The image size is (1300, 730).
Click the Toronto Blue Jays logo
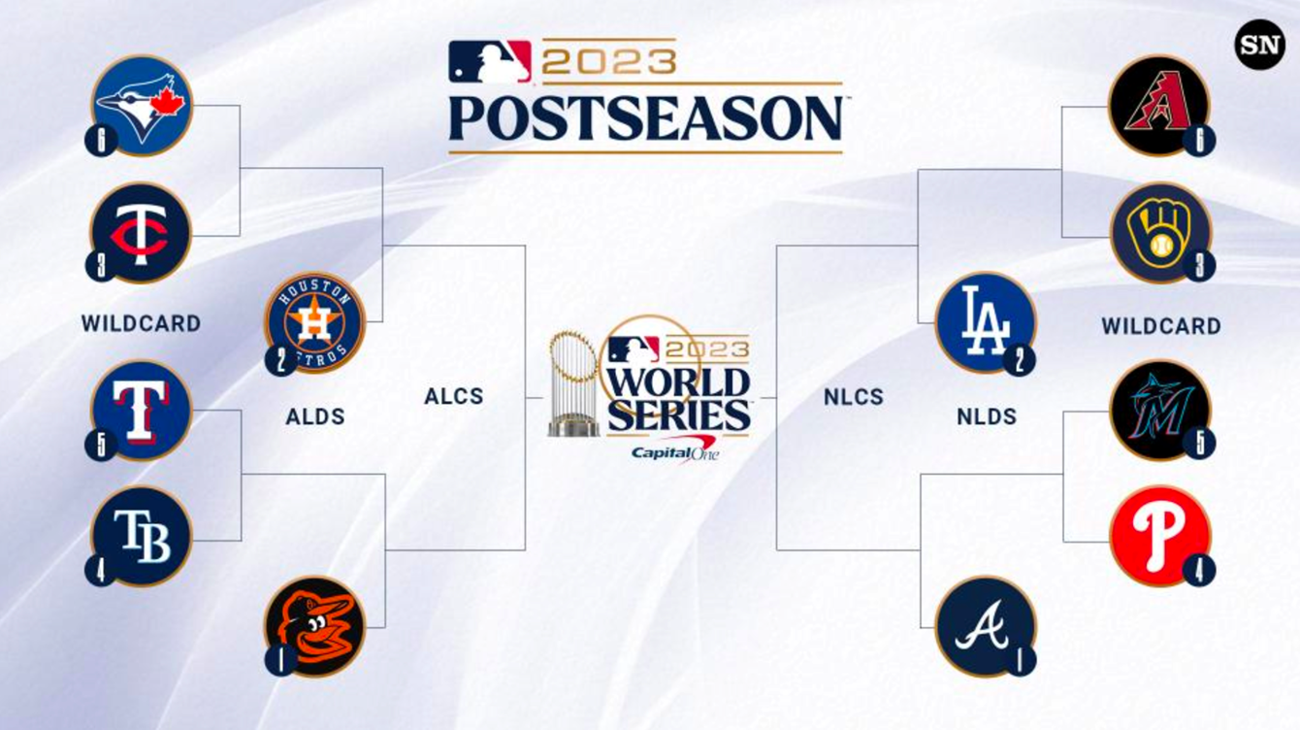pos(142,106)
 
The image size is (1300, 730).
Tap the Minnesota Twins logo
pos(141,233)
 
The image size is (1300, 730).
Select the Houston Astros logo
pos(314,323)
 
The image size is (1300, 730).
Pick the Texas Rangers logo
pos(142,410)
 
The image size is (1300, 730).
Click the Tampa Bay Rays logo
pos(142,536)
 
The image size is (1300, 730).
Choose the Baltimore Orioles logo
pos(315,627)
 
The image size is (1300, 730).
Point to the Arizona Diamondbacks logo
pos(1159,106)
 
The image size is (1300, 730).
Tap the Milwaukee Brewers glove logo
pos(1160,233)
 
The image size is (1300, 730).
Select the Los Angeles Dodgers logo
pos(986,323)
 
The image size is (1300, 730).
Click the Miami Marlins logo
pos(1160,410)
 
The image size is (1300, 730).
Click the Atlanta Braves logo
pos(986,627)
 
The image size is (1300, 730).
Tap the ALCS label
pos(454,397)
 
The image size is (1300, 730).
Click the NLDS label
pos(987,416)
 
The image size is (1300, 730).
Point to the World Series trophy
pos(572,383)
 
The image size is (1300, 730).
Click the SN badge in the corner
pos(1260,45)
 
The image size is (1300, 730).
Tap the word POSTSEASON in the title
pos(645,118)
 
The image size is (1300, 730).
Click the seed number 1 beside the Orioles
pos(281,660)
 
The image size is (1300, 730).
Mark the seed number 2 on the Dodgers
pos(1020,360)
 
